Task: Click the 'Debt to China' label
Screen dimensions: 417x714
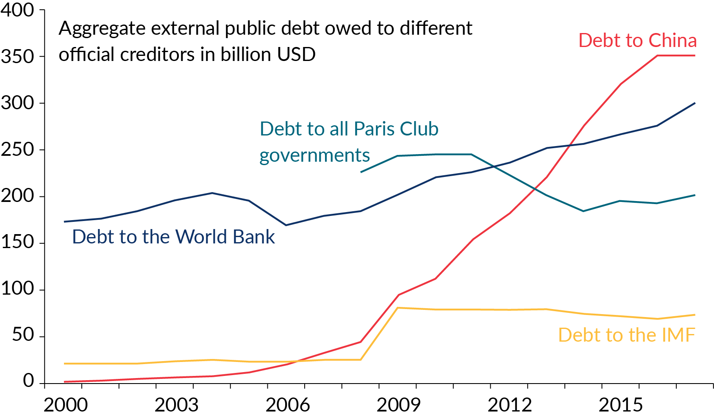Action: click(x=637, y=41)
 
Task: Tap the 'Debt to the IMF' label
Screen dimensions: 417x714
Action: click(x=626, y=335)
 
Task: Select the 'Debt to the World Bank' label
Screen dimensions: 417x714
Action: click(x=173, y=237)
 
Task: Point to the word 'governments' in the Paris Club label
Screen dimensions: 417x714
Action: click(x=314, y=156)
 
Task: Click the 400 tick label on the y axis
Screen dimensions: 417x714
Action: click(x=17, y=10)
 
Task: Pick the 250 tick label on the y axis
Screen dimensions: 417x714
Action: click(x=17, y=149)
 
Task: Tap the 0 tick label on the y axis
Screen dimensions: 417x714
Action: click(x=28, y=381)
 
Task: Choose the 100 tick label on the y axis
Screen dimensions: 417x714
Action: click(x=17, y=289)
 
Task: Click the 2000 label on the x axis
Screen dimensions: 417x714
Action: click(x=66, y=405)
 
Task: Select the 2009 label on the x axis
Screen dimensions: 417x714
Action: click(x=398, y=405)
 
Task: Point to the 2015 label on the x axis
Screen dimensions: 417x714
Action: click(x=620, y=405)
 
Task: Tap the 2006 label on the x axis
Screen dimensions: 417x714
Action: click(x=288, y=405)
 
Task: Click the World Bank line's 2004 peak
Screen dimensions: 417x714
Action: click(x=212, y=193)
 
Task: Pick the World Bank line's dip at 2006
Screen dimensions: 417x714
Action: click(x=286, y=225)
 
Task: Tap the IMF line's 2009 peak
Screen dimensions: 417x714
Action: click(x=398, y=308)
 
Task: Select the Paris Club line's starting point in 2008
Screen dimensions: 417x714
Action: click(x=361, y=172)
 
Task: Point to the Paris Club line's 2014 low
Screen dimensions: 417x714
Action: click(x=583, y=211)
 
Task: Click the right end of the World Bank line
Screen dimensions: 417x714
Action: click(x=695, y=103)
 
